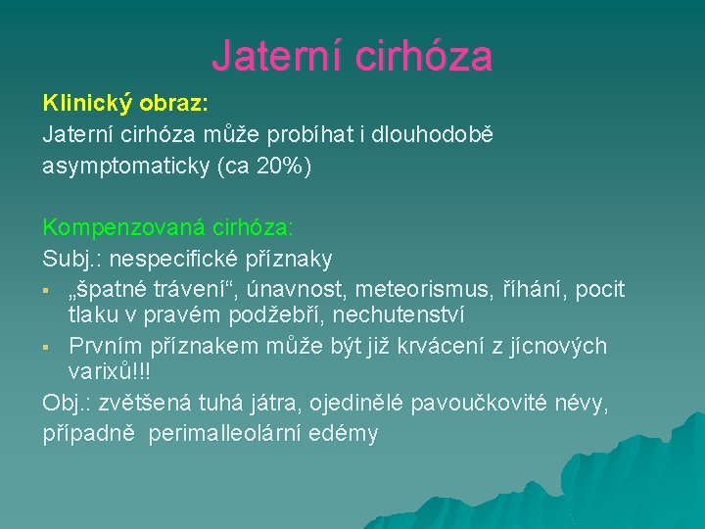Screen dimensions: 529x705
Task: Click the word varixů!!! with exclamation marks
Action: pyautogui.click(x=110, y=373)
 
